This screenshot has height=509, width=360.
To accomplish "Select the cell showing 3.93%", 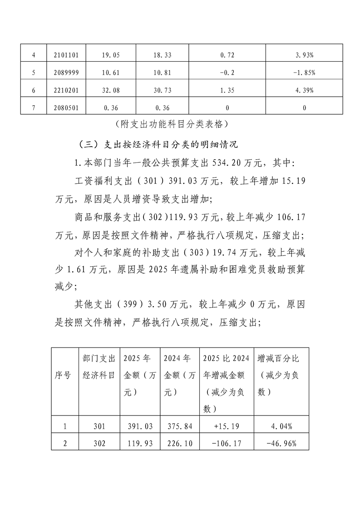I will (x=304, y=55).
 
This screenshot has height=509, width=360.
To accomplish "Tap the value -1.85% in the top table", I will (x=304, y=73).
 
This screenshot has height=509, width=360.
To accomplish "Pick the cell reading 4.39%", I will (x=304, y=90).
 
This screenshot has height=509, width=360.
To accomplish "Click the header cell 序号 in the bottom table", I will (x=63, y=375).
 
